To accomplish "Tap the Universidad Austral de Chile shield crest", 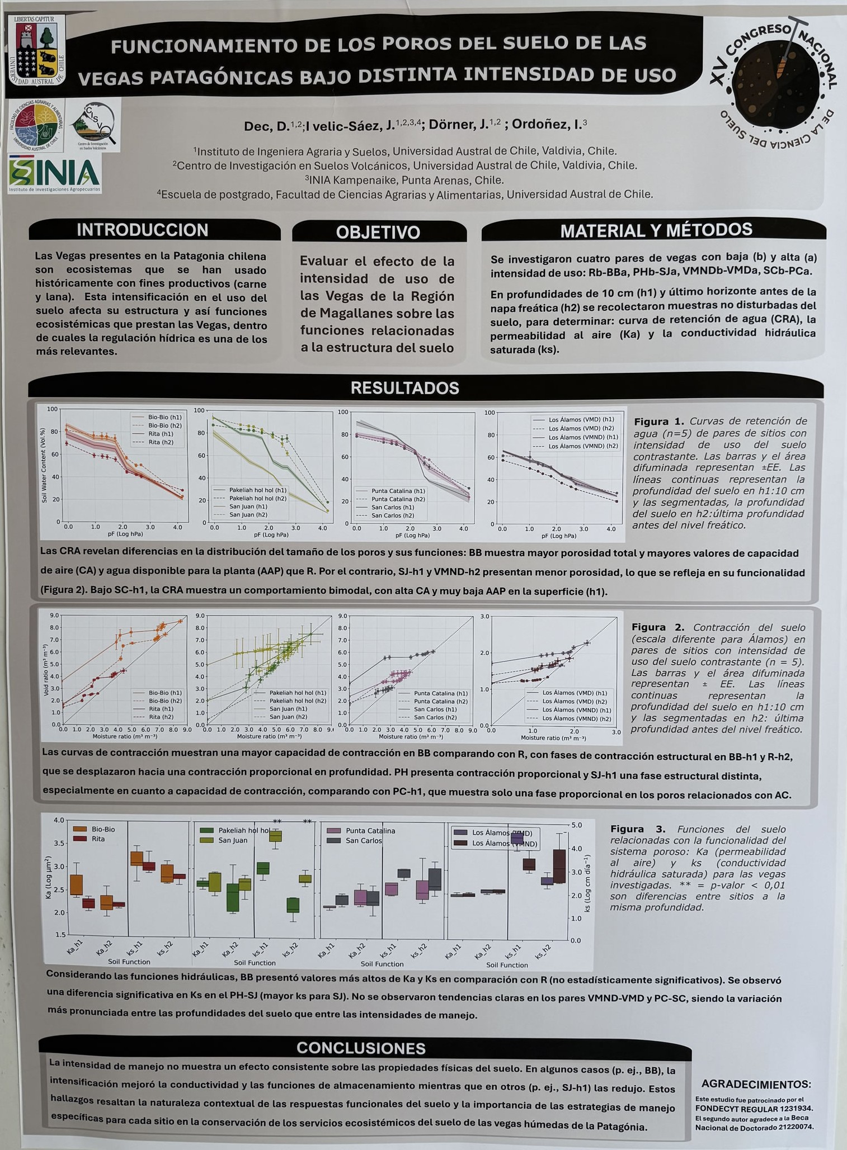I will [37, 51].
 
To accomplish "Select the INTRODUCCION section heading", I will [142, 230].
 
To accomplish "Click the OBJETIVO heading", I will [378, 232].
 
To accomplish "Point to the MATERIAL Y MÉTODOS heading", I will [656, 230].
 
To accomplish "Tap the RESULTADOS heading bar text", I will [404, 388].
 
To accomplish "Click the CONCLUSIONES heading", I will [361, 1048].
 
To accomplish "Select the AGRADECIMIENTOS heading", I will [755, 1084].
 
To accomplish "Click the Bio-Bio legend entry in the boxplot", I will [103, 829].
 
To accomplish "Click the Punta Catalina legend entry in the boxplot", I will [370, 831].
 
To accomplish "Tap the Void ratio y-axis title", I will [45, 670].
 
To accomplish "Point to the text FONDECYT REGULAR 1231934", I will [754, 1109].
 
